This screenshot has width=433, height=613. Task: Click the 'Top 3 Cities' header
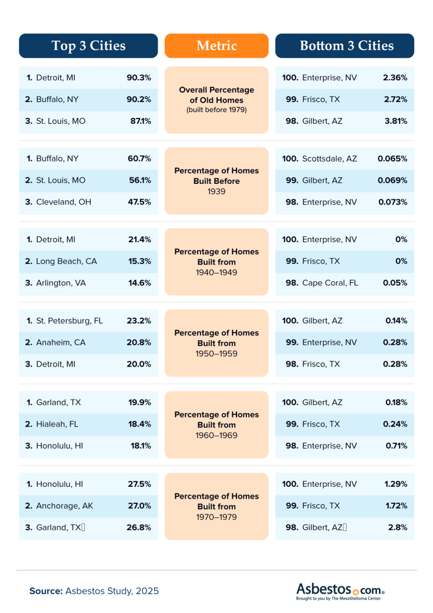coord(88,46)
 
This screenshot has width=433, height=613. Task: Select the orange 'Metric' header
coord(216,46)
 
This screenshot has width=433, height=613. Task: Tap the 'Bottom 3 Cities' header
coord(345,46)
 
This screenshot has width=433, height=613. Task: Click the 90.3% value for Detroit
coord(139,78)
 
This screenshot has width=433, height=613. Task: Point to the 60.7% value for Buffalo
coord(139,159)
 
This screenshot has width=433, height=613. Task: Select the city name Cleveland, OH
coord(60,202)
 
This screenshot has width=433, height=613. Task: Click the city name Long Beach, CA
coord(62,261)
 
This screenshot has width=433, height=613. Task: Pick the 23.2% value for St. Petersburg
coord(139,321)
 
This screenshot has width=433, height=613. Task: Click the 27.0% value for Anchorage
coord(139,506)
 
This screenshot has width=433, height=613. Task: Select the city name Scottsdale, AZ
coord(329,159)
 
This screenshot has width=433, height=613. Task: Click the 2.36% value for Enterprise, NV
coord(395,78)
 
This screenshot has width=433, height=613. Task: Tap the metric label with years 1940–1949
coord(216,262)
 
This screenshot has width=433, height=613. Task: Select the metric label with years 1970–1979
coord(216,506)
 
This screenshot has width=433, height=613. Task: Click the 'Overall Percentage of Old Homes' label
coord(216,100)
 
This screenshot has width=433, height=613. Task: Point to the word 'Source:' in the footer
coord(46,591)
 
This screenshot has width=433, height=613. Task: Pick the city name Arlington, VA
coord(61,283)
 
